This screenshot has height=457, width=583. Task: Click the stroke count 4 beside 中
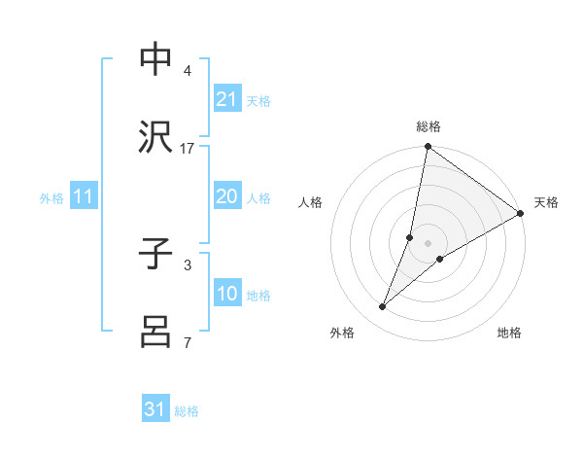tap(187, 71)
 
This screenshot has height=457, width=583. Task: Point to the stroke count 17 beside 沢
tap(188, 148)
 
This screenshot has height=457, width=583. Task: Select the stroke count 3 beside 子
tap(187, 264)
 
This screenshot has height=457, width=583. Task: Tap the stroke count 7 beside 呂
tap(187, 341)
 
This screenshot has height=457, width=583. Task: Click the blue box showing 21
tap(226, 99)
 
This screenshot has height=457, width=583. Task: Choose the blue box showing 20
tap(226, 196)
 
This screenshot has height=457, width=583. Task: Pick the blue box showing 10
tap(226, 294)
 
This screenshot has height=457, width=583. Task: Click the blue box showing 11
tap(84, 196)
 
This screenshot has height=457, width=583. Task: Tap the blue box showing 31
tap(155, 409)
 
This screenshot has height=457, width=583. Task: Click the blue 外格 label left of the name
tap(51, 197)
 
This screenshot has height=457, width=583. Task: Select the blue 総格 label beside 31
tap(187, 410)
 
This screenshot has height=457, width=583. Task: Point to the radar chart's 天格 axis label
tap(546, 202)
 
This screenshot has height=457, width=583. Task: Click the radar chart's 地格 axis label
tap(509, 333)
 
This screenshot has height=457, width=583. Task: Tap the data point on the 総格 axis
tap(428, 148)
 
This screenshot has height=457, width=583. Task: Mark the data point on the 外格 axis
tap(383, 307)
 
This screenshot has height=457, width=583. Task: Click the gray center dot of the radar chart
tap(428, 243)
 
